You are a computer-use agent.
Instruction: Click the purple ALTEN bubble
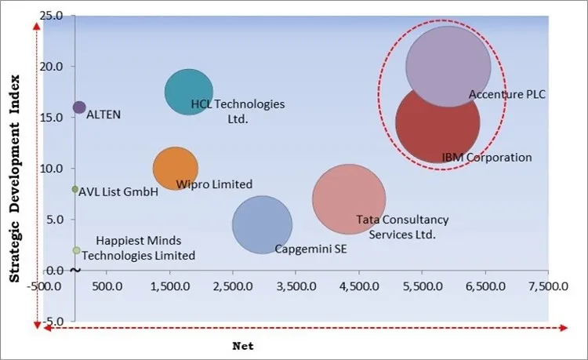pyautogui.click(x=79, y=107)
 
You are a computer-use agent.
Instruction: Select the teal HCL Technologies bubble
pyautogui.click(x=188, y=93)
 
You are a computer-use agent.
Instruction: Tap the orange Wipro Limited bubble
pyautogui.click(x=175, y=167)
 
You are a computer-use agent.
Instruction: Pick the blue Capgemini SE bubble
pyautogui.click(x=262, y=224)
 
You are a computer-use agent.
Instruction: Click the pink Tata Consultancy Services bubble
pyautogui.click(x=349, y=198)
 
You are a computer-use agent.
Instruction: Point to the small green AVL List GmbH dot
pyautogui.click(x=75, y=189)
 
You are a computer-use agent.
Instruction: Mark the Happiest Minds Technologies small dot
pyautogui.click(x=76, y=250)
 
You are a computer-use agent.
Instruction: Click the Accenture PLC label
pyautogui.click(x=506, y=95)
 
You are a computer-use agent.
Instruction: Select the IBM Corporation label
pyautogui.click(x=487, y=158)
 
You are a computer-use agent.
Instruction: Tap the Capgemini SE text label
pyautogui.click(x=310, y=249)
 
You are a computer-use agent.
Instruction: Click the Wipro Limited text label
pyautogui.click(x=214, y=184)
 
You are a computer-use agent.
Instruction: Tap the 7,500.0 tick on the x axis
pyautogui.click(x=548, y=287)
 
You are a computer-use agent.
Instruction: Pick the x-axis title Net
pyautogui.click(x=243, y=345)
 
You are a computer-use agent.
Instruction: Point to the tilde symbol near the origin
pyautogui.click(x=74, y=270)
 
